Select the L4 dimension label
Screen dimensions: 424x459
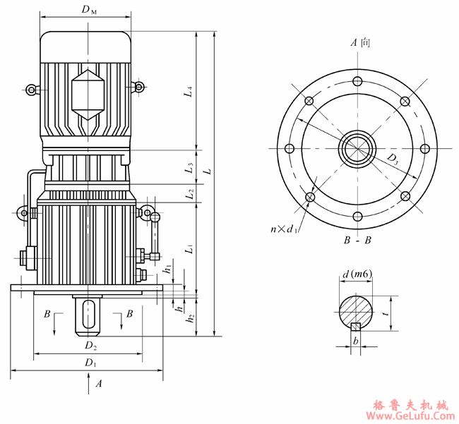189,90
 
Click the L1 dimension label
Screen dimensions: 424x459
189,249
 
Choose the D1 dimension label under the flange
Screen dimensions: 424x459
90,362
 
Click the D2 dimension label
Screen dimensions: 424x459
90,346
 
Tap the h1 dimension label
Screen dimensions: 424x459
167,269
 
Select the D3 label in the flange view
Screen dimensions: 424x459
393,159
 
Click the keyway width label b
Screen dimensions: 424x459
356,341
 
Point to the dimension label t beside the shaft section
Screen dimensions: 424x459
385,308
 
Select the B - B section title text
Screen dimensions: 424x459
358,241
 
